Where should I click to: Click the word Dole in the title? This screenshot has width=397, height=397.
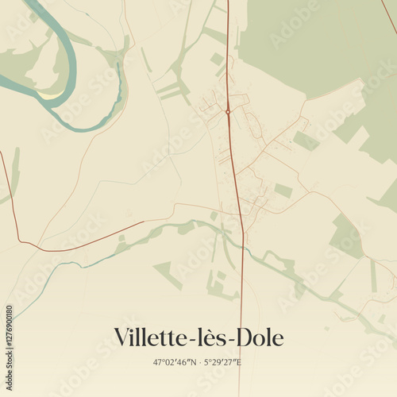coord(261,337)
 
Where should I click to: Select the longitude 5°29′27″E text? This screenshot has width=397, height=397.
coord(223,363)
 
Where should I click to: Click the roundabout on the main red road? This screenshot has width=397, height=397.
coord(228,112)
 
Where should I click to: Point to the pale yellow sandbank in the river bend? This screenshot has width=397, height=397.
coord(52,95)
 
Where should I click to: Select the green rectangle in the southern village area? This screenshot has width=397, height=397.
coord(283,191)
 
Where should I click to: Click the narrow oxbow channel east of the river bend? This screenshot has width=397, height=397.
coord(119,87)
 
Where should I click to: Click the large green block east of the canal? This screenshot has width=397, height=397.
coord(345,234)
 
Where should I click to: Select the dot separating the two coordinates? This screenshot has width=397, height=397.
coord(200,363)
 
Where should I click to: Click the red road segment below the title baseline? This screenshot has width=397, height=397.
coord(241,377)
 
